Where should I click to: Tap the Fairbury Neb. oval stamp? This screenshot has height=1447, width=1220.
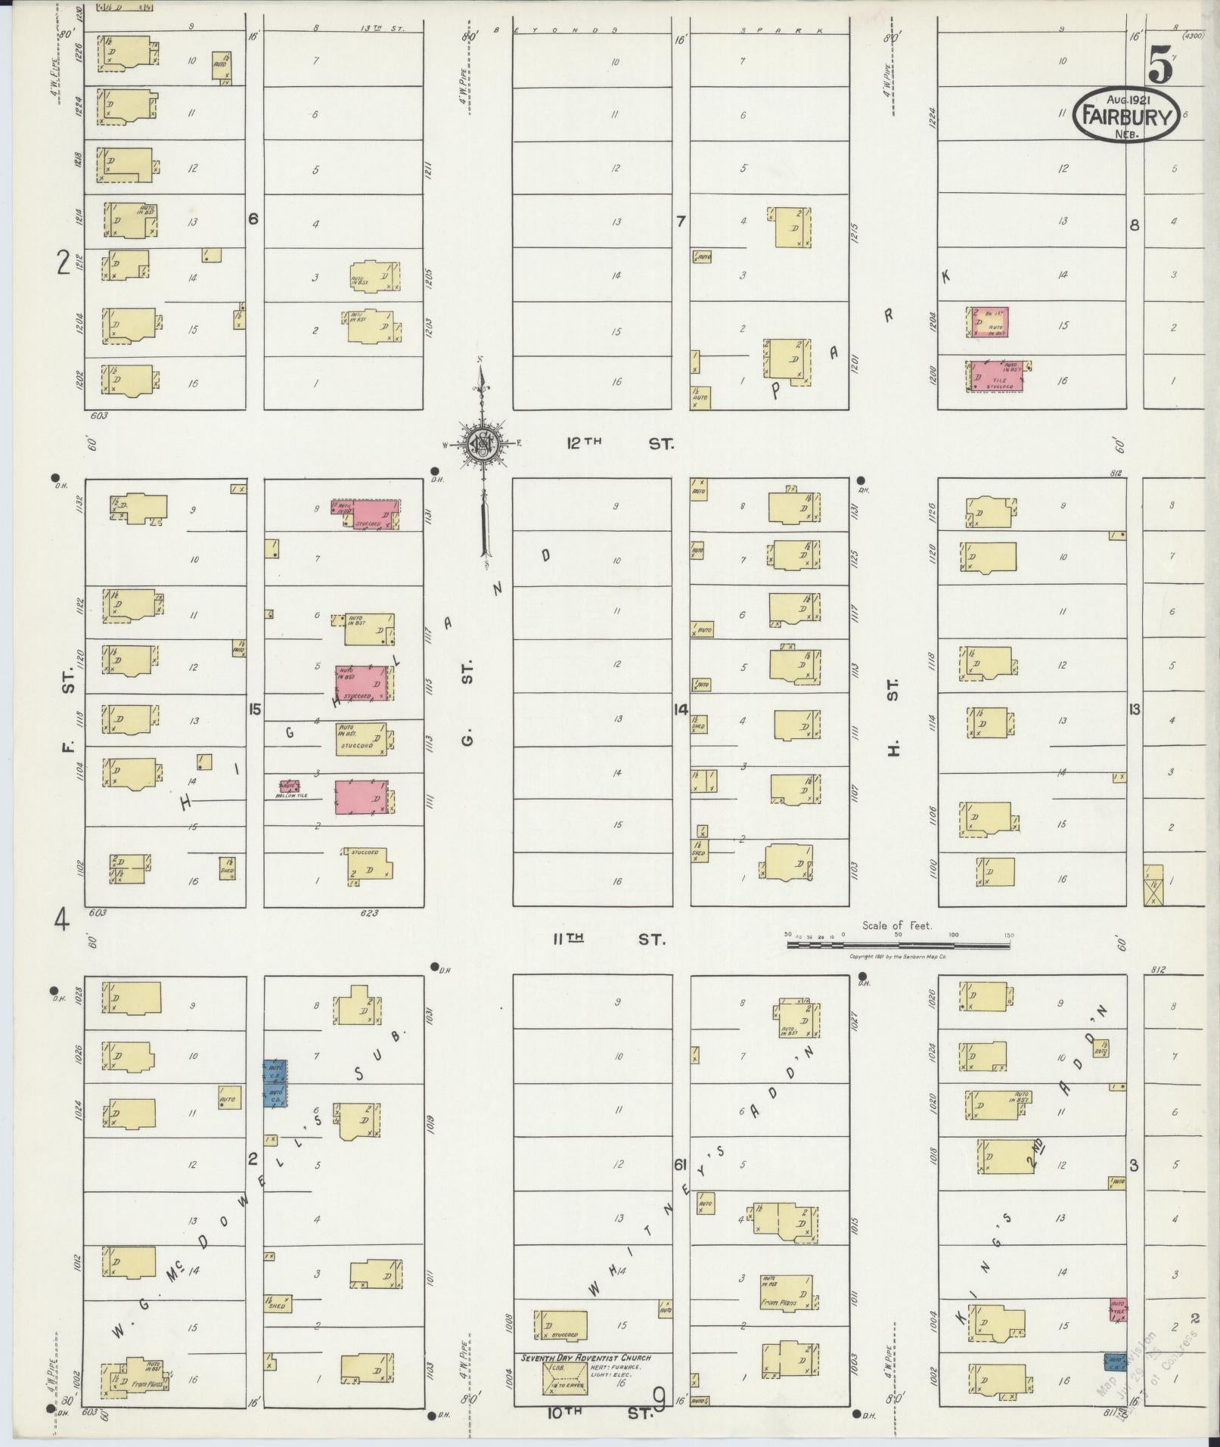1126,116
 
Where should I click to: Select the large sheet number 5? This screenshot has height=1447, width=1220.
1159,65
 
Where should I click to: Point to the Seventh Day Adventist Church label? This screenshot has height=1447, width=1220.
585,1358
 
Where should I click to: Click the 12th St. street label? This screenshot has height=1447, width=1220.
619,444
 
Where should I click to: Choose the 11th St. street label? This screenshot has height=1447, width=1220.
609,939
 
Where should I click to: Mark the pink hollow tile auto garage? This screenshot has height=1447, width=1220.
289,787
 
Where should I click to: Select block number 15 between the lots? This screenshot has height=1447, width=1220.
255,710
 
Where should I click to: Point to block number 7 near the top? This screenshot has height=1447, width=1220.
681,221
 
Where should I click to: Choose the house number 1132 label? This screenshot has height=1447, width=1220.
80,503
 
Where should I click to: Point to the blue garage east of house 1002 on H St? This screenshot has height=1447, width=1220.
1115,1362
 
